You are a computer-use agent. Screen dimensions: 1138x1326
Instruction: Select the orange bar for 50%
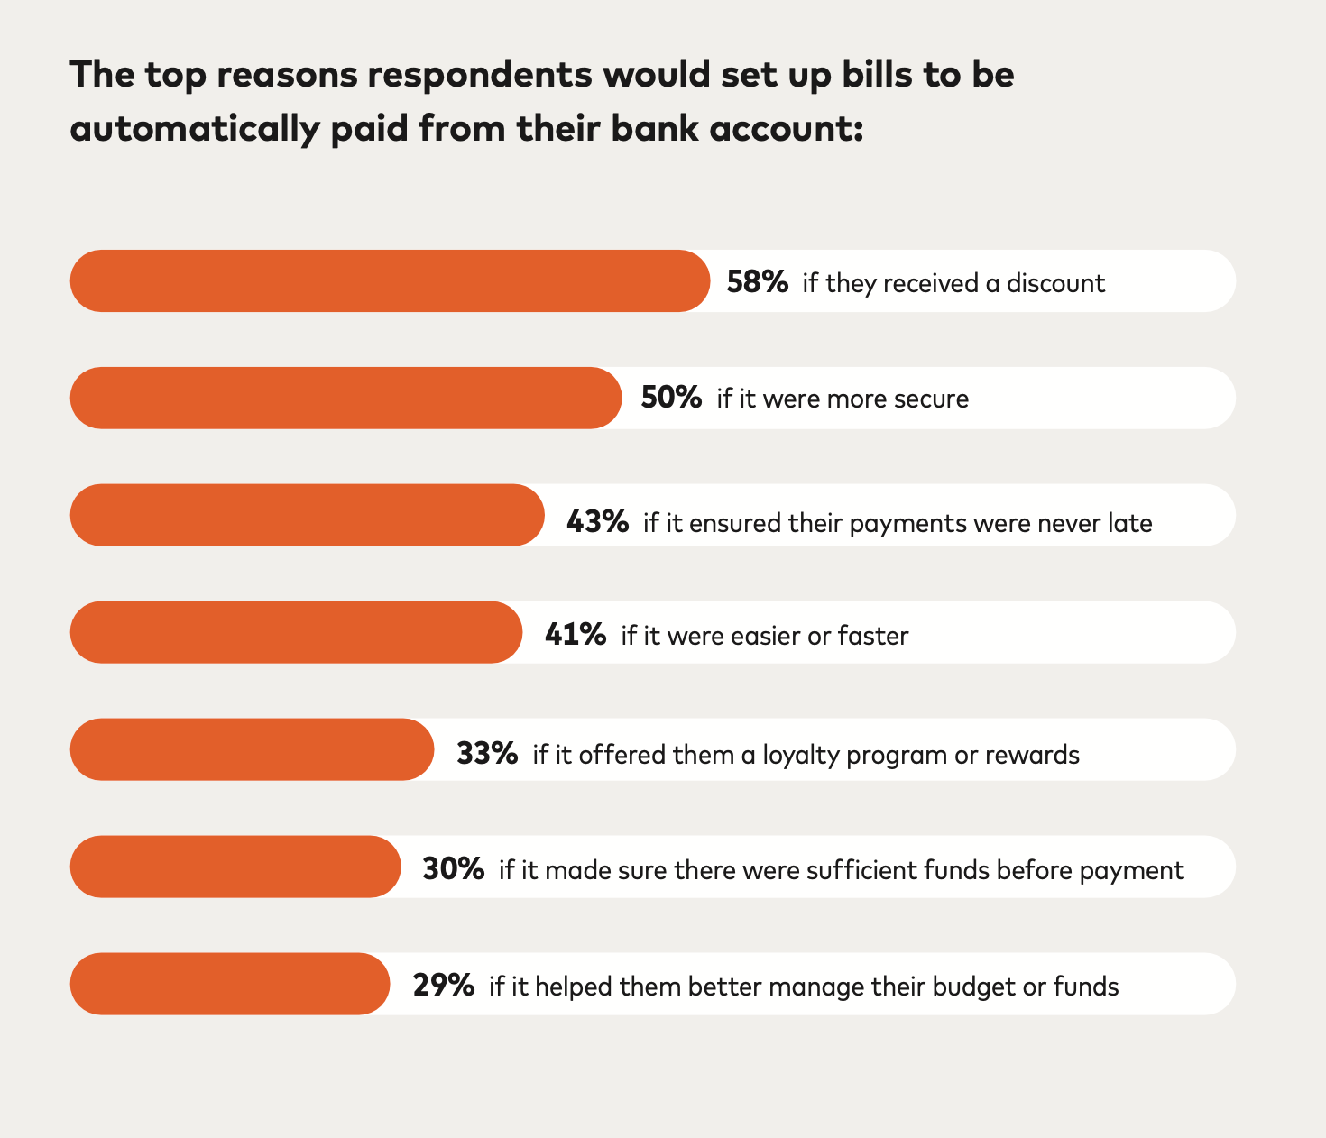click(345, 398)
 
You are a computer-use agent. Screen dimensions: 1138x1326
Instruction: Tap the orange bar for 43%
click(307, 515)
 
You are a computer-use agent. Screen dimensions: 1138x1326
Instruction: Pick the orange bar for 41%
click(296, 632)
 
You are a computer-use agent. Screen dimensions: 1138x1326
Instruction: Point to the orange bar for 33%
click(252, 749)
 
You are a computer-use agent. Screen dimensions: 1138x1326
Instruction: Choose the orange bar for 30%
click(235, 867)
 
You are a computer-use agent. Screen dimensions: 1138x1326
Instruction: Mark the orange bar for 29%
click(230, 984)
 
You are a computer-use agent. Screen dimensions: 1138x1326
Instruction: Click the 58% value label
click(758, 282)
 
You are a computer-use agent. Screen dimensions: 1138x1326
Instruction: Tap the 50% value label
click(671, 398)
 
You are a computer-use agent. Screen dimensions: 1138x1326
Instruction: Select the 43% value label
click(597, 522)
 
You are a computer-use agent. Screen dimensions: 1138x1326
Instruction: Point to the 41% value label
click(576, 635)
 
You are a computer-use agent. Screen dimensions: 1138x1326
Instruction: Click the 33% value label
click(487, 753)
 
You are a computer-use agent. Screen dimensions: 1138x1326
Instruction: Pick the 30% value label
click(453, 869)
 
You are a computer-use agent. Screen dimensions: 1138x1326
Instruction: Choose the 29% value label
click(444, 986)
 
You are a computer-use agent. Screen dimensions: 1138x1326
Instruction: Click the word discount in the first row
click(1055, 283)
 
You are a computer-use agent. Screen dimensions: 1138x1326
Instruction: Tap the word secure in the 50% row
click(932, 399)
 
